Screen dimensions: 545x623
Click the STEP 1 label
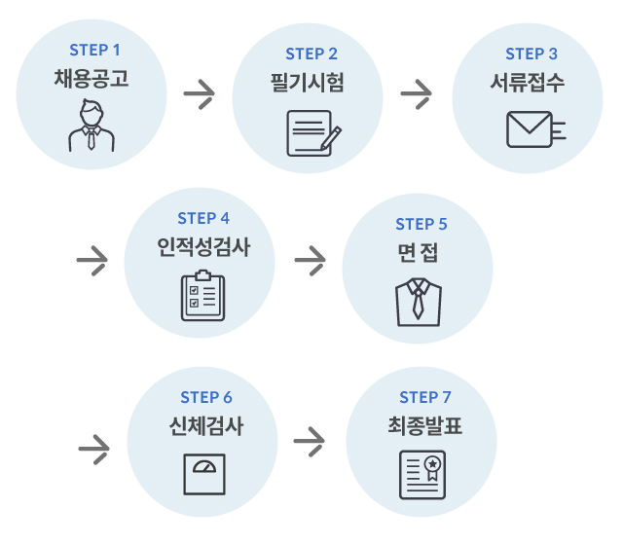click(x=95, y=49)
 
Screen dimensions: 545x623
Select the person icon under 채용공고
click(x=90, y=127)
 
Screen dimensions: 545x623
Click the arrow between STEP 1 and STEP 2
click(x=200, y=95)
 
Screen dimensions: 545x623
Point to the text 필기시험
click(x=311, y=82)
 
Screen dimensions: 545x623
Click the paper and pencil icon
click(x=312, y=134)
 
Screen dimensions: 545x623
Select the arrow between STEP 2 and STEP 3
click(x=417, y=95)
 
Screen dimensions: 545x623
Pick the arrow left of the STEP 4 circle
click(x=92, y=260)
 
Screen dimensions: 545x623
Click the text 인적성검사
click(x=203, y=246)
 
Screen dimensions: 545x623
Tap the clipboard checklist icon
click(x=202, y=296)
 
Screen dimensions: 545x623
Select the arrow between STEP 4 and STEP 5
click(x=310, y=260)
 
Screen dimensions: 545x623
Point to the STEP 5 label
click(x=421, y=225)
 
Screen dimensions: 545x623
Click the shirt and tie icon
click(x=418, y=302)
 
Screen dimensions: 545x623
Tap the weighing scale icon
click(x=204, y=474)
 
